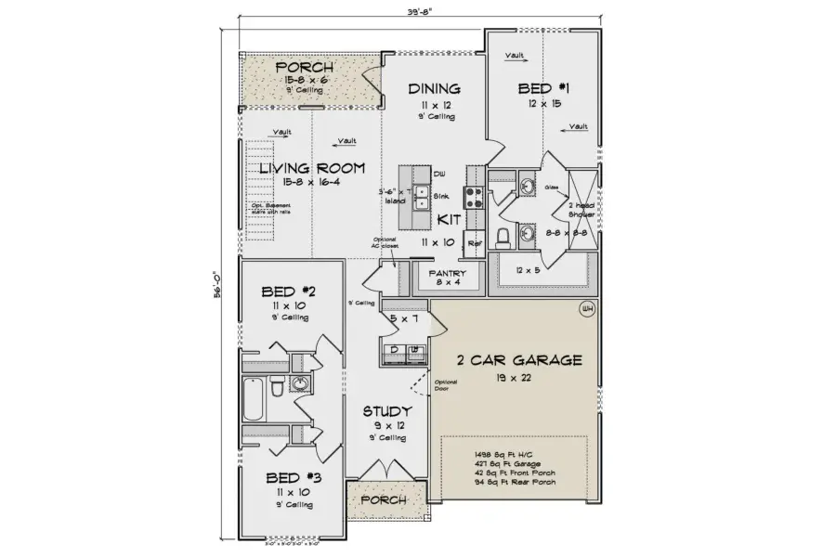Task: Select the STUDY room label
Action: point(387,411)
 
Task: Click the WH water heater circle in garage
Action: point(586,309)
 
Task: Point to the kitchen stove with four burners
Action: point(473,196)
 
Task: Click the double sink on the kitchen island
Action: point(421,196)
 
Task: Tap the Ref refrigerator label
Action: point(474,243)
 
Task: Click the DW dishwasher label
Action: point(440,174)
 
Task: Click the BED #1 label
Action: point(543,88)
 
